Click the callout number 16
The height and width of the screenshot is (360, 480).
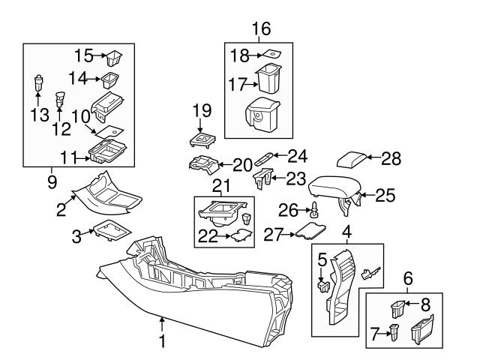[262, 28]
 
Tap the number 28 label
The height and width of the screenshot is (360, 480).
[391, 158]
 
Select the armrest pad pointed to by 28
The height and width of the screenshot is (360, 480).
[352, 159]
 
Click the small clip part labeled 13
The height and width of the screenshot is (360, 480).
[38, 82]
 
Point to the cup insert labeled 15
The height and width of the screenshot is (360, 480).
[114, 58]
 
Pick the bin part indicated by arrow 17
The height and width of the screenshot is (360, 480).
[268, 78]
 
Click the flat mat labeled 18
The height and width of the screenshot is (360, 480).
[271, 55]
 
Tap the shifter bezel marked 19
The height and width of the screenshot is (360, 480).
[202, 140]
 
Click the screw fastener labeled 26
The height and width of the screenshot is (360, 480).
[315, 210]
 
